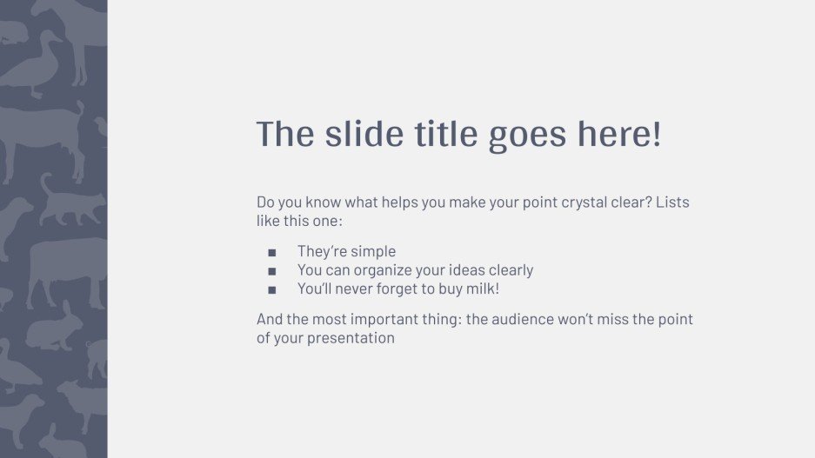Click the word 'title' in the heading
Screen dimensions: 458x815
click(444, 135)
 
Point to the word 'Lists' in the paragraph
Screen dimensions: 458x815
click(672, 202)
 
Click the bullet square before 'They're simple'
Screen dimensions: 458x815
click(272, 253)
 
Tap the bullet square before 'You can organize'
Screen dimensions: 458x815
click(272, 271)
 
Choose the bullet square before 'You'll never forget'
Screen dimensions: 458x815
click(272, 289)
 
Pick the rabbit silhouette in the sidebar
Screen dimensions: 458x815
click(54, 329)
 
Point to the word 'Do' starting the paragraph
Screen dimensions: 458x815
click(265, 202)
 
